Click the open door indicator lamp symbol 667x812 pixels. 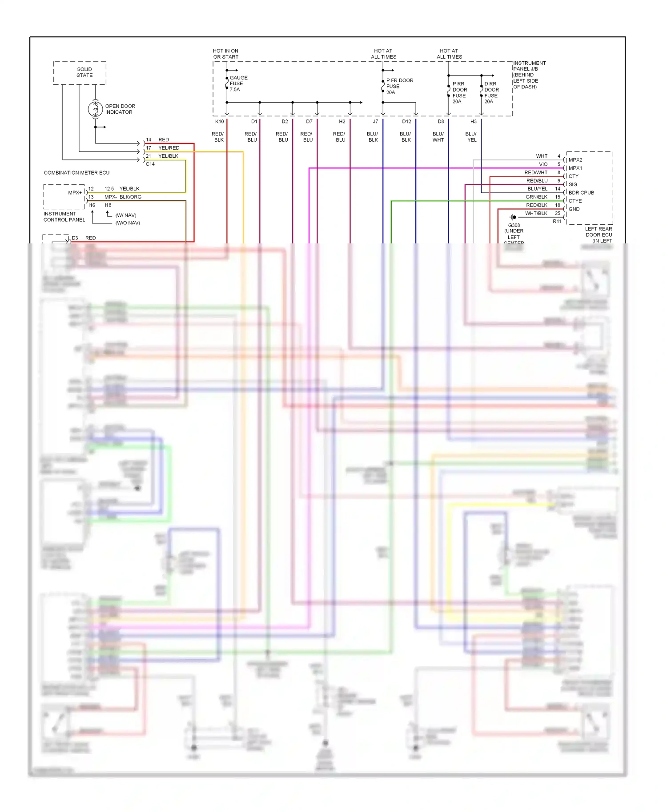tap(95, 109)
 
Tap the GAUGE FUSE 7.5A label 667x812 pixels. tap(238, 84)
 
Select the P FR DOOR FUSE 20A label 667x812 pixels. tap(399, 86)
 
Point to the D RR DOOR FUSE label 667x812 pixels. tap(491, 92)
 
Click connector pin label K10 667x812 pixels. tap(220, 121)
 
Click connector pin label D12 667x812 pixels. tap(406, 121)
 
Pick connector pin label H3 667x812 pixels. tap(473, 121)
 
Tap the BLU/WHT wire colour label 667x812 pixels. tap(438, 137)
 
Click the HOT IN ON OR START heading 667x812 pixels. tap(225, 54)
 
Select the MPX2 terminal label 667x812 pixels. tap(575, 160)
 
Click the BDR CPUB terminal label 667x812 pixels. tap(581, 193)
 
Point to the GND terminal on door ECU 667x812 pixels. tap(574, 209)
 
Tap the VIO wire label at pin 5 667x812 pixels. tap(543, 164)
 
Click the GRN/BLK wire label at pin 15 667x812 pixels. tap(536, 197)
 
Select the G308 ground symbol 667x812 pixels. tap(513, 217)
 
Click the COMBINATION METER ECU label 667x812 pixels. tap(76, 173)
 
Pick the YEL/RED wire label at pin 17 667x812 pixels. tap(169, 148)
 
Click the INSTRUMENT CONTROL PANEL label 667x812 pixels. tap(64, 217)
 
